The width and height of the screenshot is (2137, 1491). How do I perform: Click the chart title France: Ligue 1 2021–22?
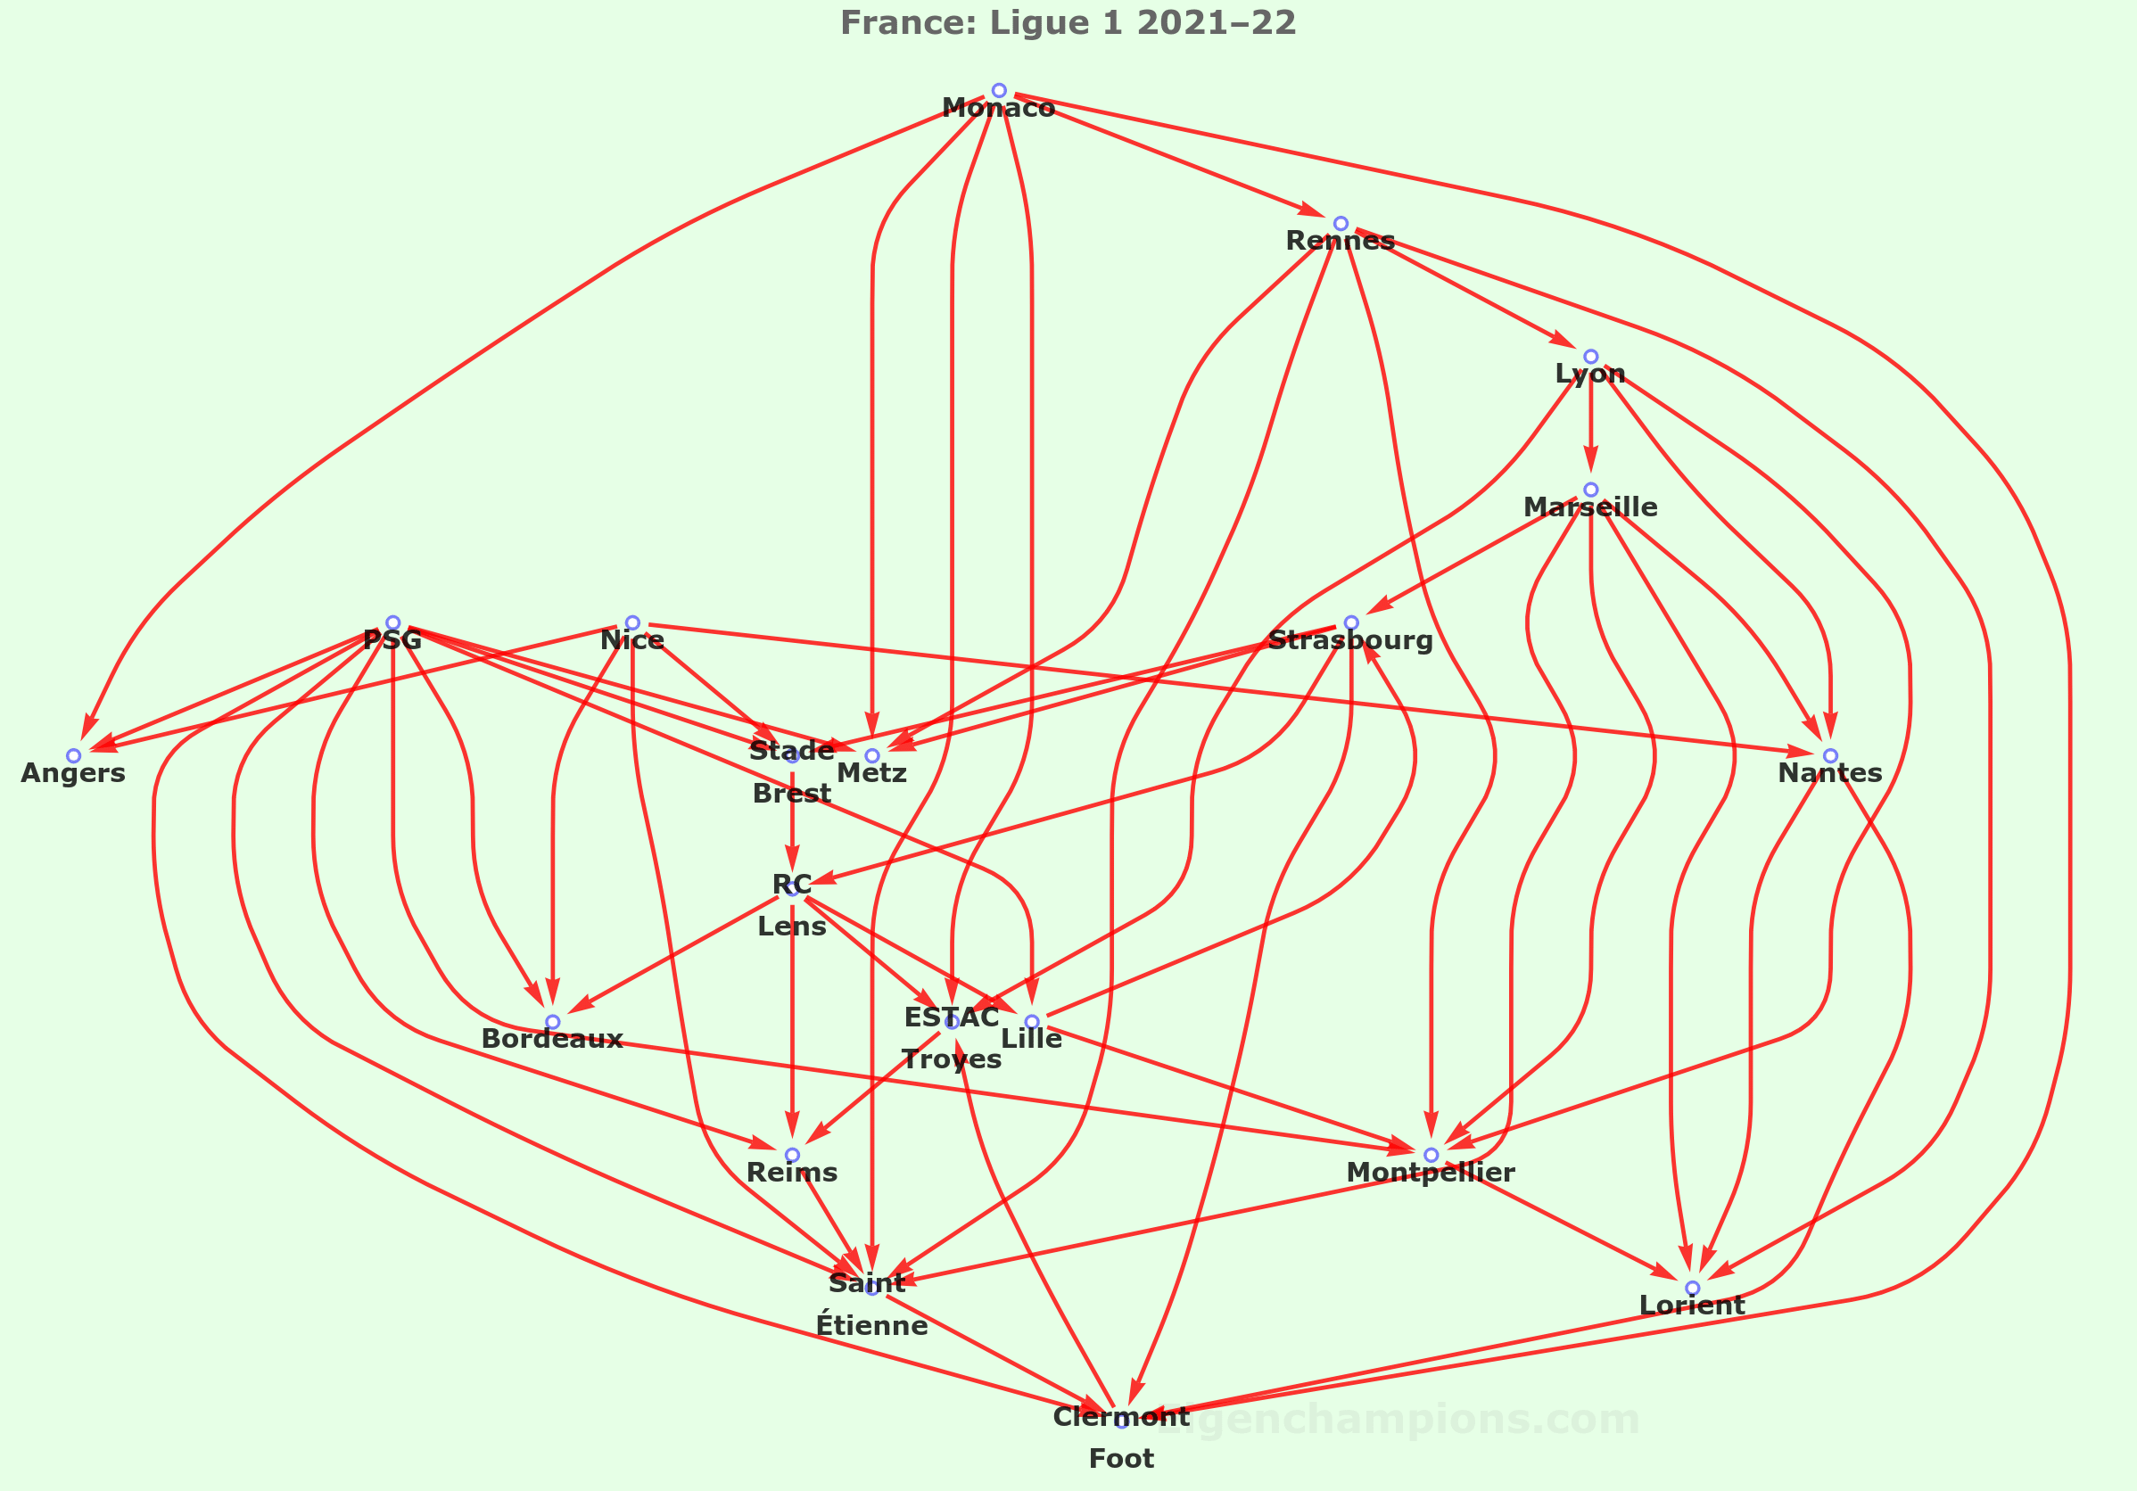tap(1068, 22)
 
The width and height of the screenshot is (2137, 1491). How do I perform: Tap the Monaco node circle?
tap(999, 90)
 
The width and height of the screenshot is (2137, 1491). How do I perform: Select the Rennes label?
tap(1341, 241)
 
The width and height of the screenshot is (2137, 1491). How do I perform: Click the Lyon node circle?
tap(1590, 357)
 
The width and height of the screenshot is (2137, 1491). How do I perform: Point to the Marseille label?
tap(1590, 507)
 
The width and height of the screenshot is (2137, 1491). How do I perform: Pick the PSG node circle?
tap(392, 622)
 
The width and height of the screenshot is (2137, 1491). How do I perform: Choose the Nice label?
tap(632, 640)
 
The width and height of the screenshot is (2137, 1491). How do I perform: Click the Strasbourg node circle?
tap(1351, 622)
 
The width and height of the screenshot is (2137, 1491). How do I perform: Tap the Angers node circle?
tap(73, 755)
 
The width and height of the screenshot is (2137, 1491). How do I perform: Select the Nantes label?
tap(1830, 773)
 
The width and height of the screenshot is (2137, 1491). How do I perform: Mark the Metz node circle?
tap(872, 755)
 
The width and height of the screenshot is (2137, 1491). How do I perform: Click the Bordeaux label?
tap(552, 1040)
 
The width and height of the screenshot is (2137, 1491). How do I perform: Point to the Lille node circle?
tap(1032, 1022)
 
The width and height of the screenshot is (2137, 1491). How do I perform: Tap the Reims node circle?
tap(792, 1155)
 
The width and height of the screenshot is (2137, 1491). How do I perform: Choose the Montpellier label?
tap(1431, 1173)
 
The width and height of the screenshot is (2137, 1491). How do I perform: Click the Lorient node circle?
tap(1692, 1288)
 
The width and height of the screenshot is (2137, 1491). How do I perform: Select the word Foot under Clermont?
tap(1121, 1458)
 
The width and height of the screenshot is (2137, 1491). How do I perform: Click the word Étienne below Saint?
tap(872, 1325)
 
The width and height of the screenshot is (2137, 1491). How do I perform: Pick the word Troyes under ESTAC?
tap(952, 1059)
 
